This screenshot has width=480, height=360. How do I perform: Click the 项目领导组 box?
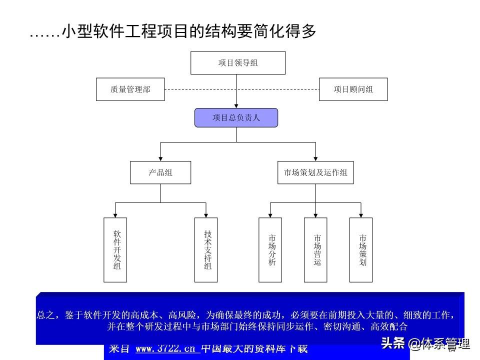(x=238, y=63)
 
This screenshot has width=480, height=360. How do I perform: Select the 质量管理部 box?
(x=130, y=89)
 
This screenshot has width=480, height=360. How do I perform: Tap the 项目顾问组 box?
(x=353, y=89)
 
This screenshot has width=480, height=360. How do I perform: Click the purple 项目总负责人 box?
(x=236, y=118)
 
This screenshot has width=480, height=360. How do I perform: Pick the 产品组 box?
(x=160, y=172)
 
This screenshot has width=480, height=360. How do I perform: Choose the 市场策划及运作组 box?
(x=315, y=172)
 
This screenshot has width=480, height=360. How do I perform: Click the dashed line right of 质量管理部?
(x=200, y=89)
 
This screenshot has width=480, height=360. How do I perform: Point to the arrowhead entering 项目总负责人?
(x=236, y=106)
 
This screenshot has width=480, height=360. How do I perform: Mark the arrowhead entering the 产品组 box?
(x=160, y=158)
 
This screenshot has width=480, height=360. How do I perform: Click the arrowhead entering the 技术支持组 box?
(x=206, y=215)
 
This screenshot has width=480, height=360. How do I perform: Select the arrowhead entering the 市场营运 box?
(x=315, y=215)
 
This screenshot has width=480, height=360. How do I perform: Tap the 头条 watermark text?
(x=392, y=343)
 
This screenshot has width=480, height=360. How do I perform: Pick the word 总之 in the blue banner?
(x=47, y=315)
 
